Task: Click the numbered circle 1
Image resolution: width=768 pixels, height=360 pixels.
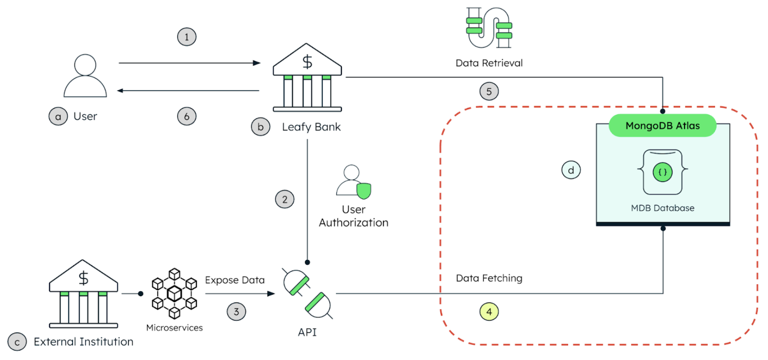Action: pyautogui.click(x=186, y=37)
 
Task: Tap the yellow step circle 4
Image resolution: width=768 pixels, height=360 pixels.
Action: pyautogui.click(x=489, y=311)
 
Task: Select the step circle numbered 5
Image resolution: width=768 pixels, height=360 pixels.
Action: pyautogui.click(x=489, y=91)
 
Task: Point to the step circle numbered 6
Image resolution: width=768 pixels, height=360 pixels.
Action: pyautogui.click(x=186, y=117)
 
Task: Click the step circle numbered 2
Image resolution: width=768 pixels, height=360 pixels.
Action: pyautogui.click(x=285, y=199)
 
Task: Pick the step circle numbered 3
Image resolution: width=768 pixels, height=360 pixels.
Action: pyautogui.click(x=236, y=311)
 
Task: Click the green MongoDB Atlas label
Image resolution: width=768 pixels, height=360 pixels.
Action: pyautogui.click(x=662, y=126)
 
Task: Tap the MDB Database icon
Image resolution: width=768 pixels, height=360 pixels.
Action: pyautogui.click(x=662, y=172)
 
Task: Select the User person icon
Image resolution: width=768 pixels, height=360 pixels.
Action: pyautogui.click(x=85, y=76)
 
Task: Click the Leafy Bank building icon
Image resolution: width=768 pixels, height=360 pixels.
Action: pyautogui.click(x=307, y=78)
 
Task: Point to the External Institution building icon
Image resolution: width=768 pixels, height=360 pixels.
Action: pyautogui.click(x=83, y=294)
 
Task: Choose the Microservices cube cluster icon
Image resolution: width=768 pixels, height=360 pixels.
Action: pyautogui.click(x=175, y=294)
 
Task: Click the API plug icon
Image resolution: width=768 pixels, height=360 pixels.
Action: pyautogui.click(x=307, y=293)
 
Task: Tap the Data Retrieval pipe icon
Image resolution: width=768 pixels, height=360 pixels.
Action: pyautogui.click(x=489, y=28)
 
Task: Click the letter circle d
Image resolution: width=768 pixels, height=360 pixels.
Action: pyautogui.click(x=571, y=170)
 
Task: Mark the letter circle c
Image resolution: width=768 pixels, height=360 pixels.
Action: pyautogui.click(x=17, y=342)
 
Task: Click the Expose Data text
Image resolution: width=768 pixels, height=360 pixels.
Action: pyautogui.click(x=234, y=280)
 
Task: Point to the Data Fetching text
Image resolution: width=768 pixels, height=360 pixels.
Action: pyautogui.click(x=489, y=278)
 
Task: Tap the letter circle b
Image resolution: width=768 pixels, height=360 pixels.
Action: pyautogui.click(x=261, y=127)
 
